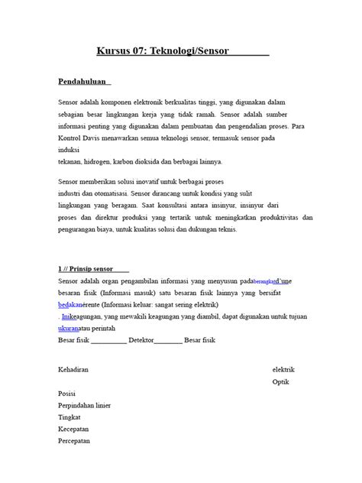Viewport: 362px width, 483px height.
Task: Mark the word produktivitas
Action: click(x=270, y=218)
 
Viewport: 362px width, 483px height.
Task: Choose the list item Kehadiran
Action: click(x=73, y=369)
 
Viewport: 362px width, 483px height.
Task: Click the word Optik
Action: click(x=281, y=382)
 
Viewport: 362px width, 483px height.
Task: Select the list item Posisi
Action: click(x=67, y=394)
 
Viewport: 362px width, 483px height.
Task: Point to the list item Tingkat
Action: click(x=69, y=418)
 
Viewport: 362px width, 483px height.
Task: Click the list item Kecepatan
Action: click(x=73, y=430)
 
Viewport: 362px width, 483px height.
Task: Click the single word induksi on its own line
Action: click(x=69, y=150)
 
